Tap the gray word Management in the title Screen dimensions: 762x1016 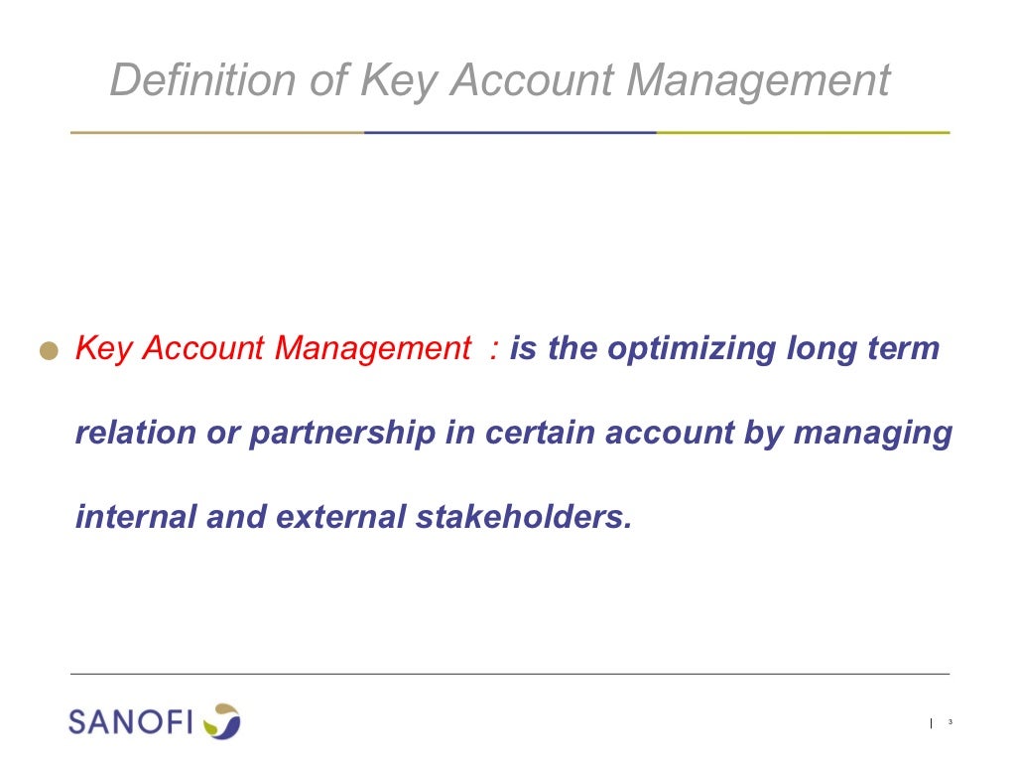(x=757, y=81)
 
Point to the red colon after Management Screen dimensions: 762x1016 (x=493, y=350)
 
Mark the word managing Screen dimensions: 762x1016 (x=873, y=434)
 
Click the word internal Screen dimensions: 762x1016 (x=135, y=517)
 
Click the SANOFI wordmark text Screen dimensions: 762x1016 (x=131, y=721)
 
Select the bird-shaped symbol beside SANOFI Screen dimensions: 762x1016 (x=222, y=720)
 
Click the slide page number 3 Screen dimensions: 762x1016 (x=950, y=722)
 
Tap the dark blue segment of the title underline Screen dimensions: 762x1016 (x=510, y=132)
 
